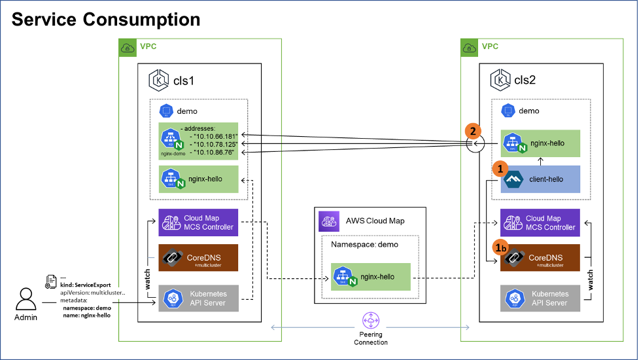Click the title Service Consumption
[x=106, y=19]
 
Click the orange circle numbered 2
[x=474, y=131]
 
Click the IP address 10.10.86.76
[x=213, y=153]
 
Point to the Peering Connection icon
[x=370, y=321]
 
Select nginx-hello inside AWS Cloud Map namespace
[x=370, y=278]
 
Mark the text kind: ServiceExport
[x=84, y=285]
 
